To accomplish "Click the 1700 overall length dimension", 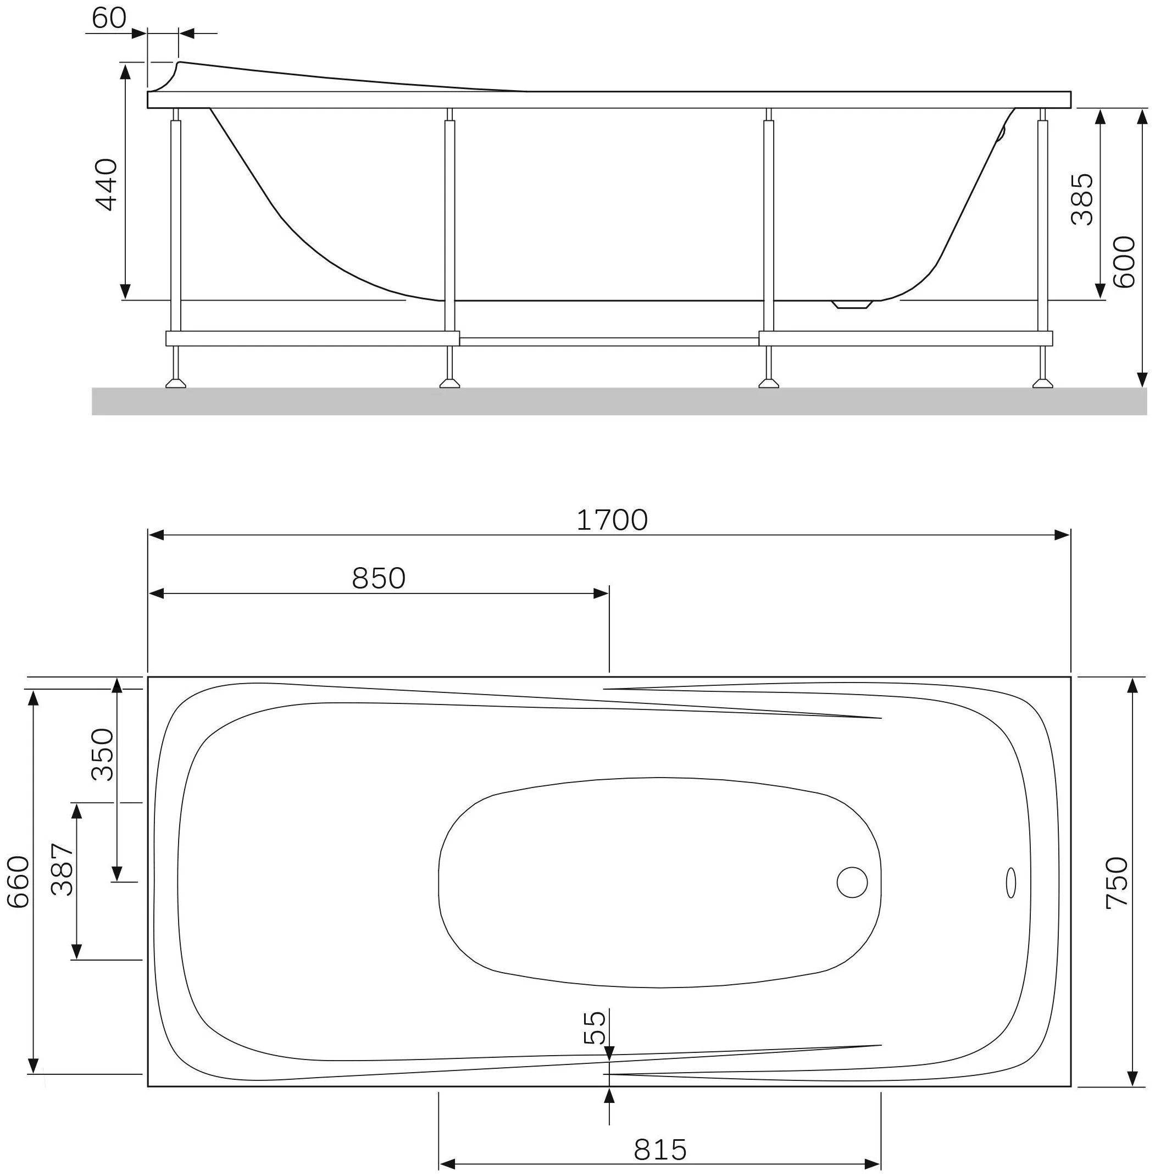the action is click(612, 520).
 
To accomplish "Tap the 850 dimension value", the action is click(379, 578).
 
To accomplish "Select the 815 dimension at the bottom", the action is click(660, 1149).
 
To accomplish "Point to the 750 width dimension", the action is click(1117, 883).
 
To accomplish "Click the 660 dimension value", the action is click(18, 881).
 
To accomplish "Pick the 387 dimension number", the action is click(63, 869).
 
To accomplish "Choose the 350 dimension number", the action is click(102, 755).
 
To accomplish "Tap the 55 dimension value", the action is click(595, 1027).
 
